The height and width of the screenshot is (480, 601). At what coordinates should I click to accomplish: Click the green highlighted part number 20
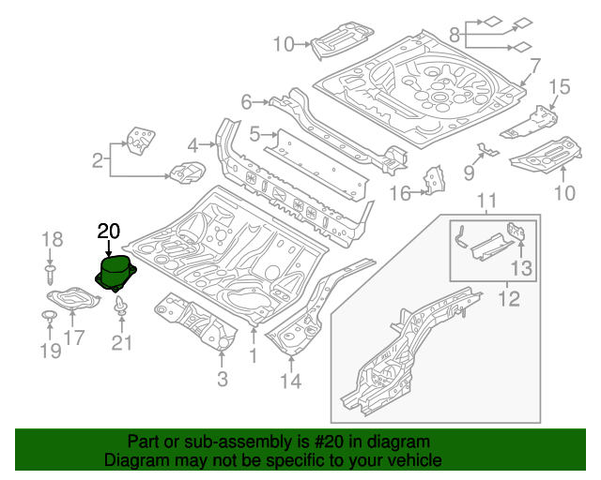tap(116, 273)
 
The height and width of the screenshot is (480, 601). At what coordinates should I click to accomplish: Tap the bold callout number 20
tap(109, 231)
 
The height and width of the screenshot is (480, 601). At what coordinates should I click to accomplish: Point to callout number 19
tap(50, 351)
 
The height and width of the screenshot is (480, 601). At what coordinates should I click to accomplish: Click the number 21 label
tap(122, 344)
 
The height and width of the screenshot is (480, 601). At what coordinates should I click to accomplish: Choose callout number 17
tap(74, 337)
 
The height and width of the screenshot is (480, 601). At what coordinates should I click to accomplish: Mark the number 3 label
tap(222, 379)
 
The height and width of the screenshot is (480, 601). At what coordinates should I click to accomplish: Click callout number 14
tap(290, 381)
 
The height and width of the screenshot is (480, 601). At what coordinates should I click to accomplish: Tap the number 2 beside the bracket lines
tap(97, 161)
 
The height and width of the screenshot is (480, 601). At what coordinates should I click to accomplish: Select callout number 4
tap(193, 145)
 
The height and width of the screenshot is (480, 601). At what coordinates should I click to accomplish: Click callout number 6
tap(247, 101)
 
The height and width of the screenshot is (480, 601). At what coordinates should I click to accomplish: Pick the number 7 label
tap(534, 66)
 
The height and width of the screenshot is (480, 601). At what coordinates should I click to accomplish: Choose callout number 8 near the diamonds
tap(455, 35)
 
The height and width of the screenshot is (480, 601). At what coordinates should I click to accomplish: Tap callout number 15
tap(560, 88)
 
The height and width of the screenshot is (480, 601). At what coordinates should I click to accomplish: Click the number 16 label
tap(400, 193)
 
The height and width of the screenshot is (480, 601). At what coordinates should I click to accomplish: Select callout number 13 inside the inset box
tap(520, 269)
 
